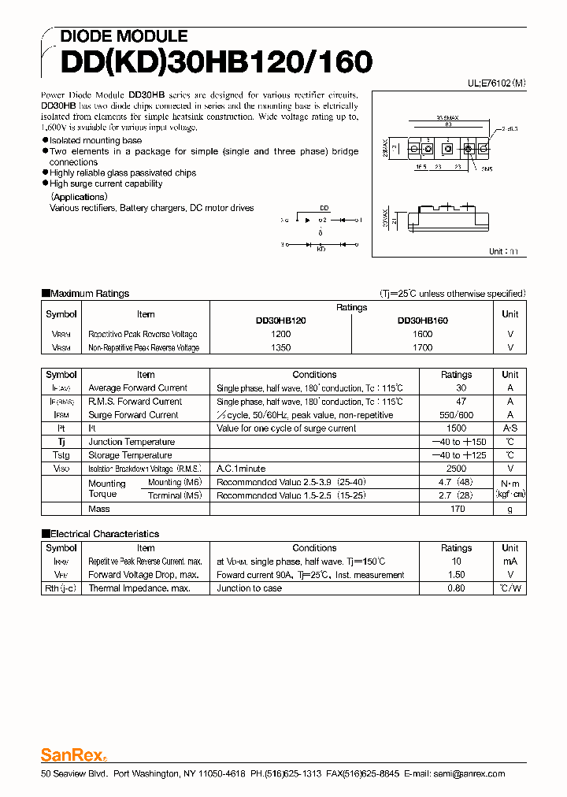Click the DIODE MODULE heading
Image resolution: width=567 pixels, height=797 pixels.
click(124, 36)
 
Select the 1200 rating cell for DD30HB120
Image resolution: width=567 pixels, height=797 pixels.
click(281, 334)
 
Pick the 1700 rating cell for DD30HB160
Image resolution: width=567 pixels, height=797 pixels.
click(422, 347)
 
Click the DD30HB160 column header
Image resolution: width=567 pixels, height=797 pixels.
click(422, 321)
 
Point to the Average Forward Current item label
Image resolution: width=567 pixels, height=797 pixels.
click(138, 388)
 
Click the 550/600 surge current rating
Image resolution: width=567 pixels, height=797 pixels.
click(456, 415)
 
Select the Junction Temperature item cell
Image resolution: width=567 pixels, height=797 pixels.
click(131, 442)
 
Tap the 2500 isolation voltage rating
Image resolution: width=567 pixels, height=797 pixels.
click(456, 469)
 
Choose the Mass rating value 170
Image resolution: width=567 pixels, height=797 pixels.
click(456, 509)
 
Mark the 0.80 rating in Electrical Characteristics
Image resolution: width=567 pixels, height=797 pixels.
click(456, 588)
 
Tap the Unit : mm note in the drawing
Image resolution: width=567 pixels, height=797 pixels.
click(504, 251)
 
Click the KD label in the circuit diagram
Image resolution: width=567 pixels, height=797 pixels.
click(321, 250)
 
